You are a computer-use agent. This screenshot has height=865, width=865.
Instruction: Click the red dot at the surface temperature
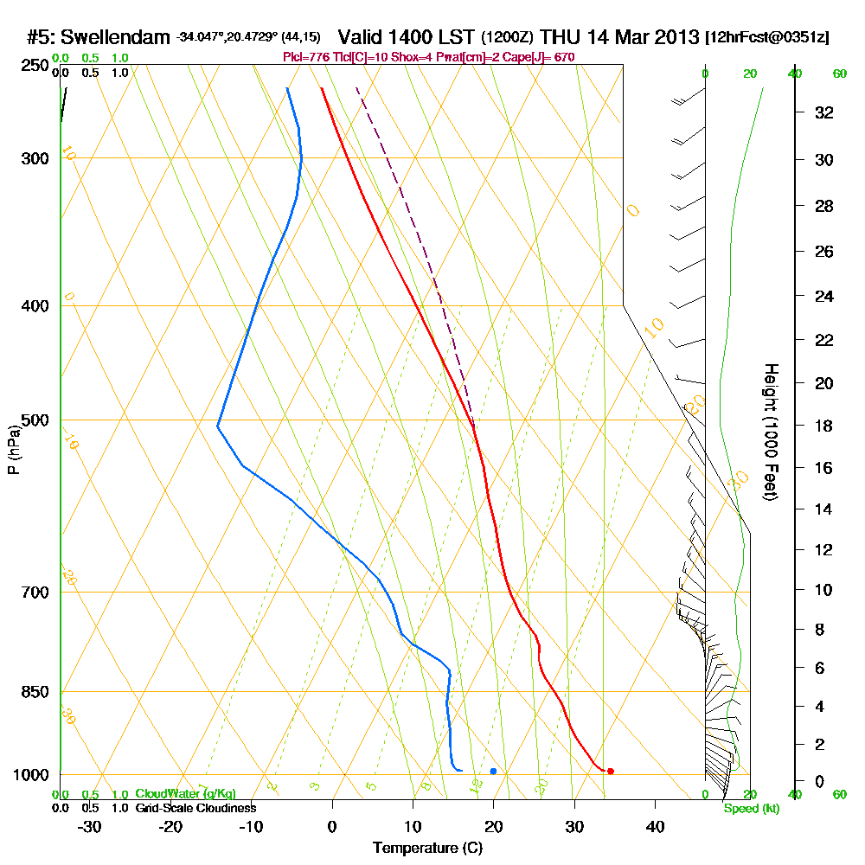611,771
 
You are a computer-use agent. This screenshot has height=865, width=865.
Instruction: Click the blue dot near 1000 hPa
493,771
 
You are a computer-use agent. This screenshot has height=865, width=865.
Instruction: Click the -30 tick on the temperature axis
90,826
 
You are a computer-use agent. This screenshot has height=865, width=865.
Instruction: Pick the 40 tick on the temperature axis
655,826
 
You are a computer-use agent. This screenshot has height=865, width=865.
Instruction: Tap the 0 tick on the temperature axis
332,826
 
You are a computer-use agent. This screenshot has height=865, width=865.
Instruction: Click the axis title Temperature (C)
427,848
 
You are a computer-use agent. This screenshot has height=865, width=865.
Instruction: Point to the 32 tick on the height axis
824,112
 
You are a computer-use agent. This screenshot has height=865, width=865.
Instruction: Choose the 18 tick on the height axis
824,426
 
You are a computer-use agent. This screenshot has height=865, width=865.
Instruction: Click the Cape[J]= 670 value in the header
548,57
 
